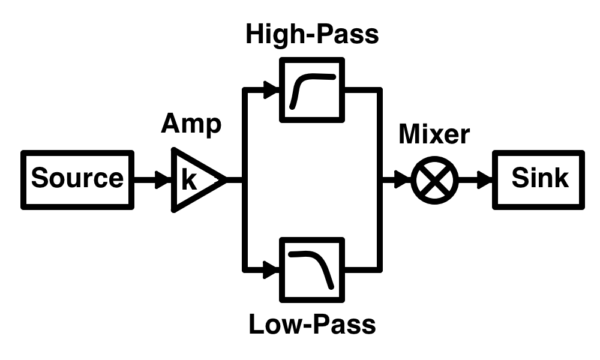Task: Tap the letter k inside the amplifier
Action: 189,180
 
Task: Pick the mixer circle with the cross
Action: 434,179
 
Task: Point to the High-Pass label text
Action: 312,34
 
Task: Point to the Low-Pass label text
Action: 312,325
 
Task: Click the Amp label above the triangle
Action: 191,124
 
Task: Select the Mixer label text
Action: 434,134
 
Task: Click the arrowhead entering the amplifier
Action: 163,179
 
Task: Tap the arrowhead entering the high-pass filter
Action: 272,90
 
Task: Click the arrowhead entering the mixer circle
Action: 403,179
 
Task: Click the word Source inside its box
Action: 77,178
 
